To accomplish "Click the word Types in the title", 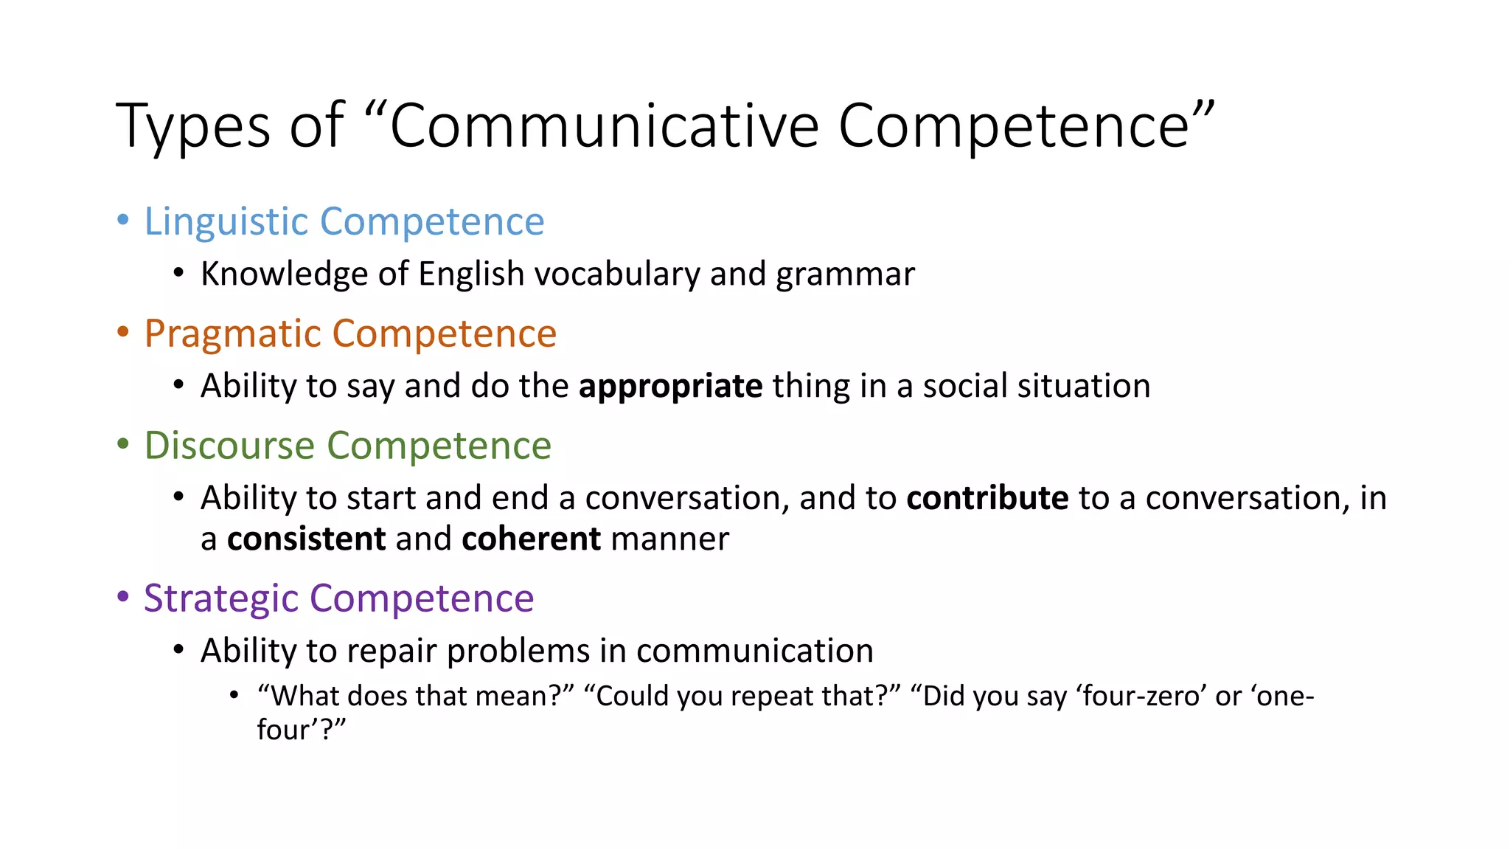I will click(193, 127).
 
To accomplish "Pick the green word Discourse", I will click(229, 446).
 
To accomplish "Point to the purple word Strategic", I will click(220, 598).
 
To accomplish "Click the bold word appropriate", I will click(670, 386).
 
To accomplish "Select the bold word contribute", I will click(987, 498).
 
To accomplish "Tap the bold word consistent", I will click(306, 539).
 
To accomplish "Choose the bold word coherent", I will click(531, 539).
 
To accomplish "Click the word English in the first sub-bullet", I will click(471, 274).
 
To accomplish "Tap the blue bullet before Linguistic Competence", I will click(123, 219).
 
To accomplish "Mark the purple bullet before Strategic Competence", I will click(123, 596).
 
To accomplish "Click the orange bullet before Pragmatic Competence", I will click(123, 331).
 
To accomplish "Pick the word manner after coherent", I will click(669, 539).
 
